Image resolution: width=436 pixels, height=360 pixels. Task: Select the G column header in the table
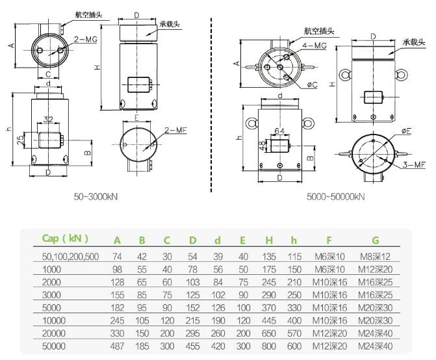pyautogui.click(x=375, y=240)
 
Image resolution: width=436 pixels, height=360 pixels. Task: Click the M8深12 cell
pyautogui.click(x=375, y=257)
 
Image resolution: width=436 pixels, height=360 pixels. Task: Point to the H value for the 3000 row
pyautogui.click(x=268, y=292)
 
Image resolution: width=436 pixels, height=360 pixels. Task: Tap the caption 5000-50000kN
pyautogui.click(x=336, y=196)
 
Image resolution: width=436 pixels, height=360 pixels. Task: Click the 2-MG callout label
pyautogui.click(x=85, y=40)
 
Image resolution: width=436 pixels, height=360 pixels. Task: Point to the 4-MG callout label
pyautogui.click(x=314, y=45)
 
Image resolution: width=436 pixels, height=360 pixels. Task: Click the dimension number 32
pyautogui.click(x=48, y=120)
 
